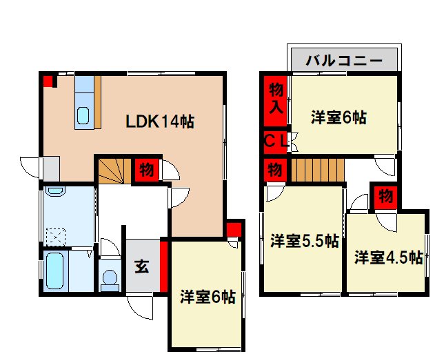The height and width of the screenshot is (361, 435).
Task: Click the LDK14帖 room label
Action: (x=159, y=122)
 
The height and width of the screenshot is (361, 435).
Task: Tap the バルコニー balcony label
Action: (x=344, y=60)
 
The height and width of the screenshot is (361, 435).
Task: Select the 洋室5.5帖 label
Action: (x=304, y=242)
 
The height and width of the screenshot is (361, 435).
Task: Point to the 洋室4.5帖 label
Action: (x=388, y=257)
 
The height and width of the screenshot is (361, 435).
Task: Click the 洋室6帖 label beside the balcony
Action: (x=338, y=117)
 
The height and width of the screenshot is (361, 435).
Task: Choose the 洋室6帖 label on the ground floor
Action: (x=208, y=297)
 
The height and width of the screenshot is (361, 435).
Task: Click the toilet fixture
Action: (x=109, y=278)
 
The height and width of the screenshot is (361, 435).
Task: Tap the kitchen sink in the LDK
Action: (x=83, y=116)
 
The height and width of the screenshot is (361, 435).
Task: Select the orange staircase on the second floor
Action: (x=316, y=169)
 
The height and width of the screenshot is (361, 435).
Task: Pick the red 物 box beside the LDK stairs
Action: (x=145, y=168)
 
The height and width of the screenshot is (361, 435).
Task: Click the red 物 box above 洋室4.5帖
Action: (x=384, y=196)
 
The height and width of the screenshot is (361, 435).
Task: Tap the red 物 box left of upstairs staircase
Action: (x=274, y=169)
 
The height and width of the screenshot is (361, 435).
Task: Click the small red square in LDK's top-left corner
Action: (x=48, y=81)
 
